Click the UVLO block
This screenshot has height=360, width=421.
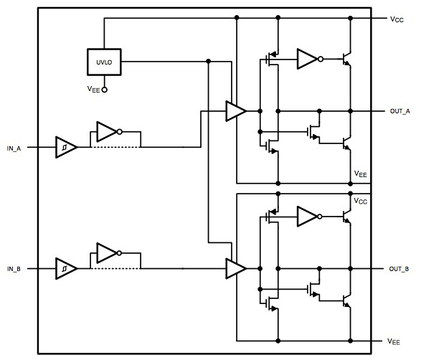pyautogui.click(x=104, y=62)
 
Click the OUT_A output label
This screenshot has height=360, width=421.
pyautogui.click(x=399, y=111)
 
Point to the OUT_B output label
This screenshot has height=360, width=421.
pyautogui.click(x=399, y=268)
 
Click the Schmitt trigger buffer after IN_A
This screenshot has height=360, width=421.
pyautogui.click(x=65, y=147)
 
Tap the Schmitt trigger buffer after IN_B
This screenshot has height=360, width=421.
pyautogui.click(x=65, y=268)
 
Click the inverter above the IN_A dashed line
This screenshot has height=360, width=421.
pyautogui.click(x=107, y=132)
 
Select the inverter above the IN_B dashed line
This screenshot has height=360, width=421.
pyautogui.click(x=107, y=253)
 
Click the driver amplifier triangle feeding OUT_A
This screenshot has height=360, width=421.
pyautogui.click(x=235, y=111)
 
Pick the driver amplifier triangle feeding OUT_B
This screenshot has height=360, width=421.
pyautogui.click(x=235, y=268)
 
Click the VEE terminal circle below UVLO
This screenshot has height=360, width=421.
pyautogui.click(x=104, y=90)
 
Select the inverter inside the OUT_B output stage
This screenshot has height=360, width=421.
pyautogui.click(x=307, y=214)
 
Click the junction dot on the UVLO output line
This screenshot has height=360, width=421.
pyautogui.click(x=208, y=62)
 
